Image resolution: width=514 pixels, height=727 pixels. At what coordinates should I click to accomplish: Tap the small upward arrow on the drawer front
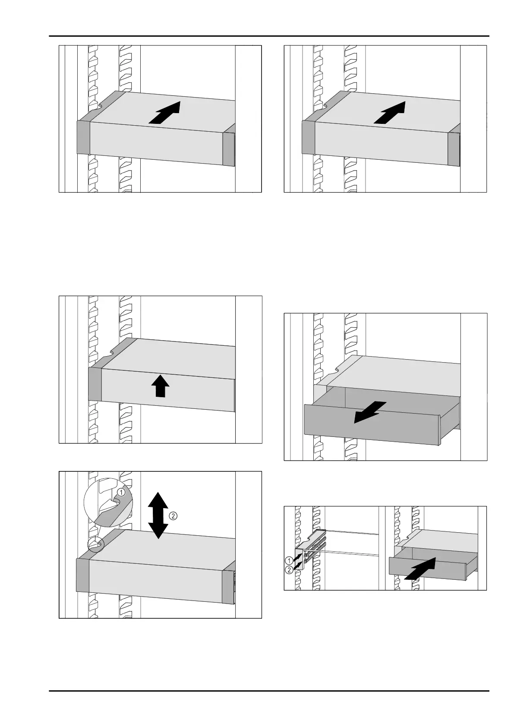[160, 386]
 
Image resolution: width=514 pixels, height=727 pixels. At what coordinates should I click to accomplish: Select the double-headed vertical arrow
[158, 515]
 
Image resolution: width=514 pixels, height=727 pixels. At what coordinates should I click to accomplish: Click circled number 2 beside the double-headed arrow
[173, 516]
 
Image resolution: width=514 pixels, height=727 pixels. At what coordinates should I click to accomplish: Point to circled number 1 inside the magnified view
[121, 493]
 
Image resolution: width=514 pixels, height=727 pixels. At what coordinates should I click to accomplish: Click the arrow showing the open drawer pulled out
[370, 412]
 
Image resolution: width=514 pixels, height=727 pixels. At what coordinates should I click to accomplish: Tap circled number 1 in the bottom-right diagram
[289, 560]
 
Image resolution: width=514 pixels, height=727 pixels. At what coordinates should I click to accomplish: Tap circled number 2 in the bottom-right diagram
[289, 569]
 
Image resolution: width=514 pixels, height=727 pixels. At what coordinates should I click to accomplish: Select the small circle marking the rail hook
[95, 545]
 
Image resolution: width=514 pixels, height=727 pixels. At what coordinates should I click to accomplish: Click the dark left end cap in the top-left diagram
[83, 137]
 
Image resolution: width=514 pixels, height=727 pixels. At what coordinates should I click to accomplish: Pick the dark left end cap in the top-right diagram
[309, 137]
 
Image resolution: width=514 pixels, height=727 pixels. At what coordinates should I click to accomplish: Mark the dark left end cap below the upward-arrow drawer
[95, 384]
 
